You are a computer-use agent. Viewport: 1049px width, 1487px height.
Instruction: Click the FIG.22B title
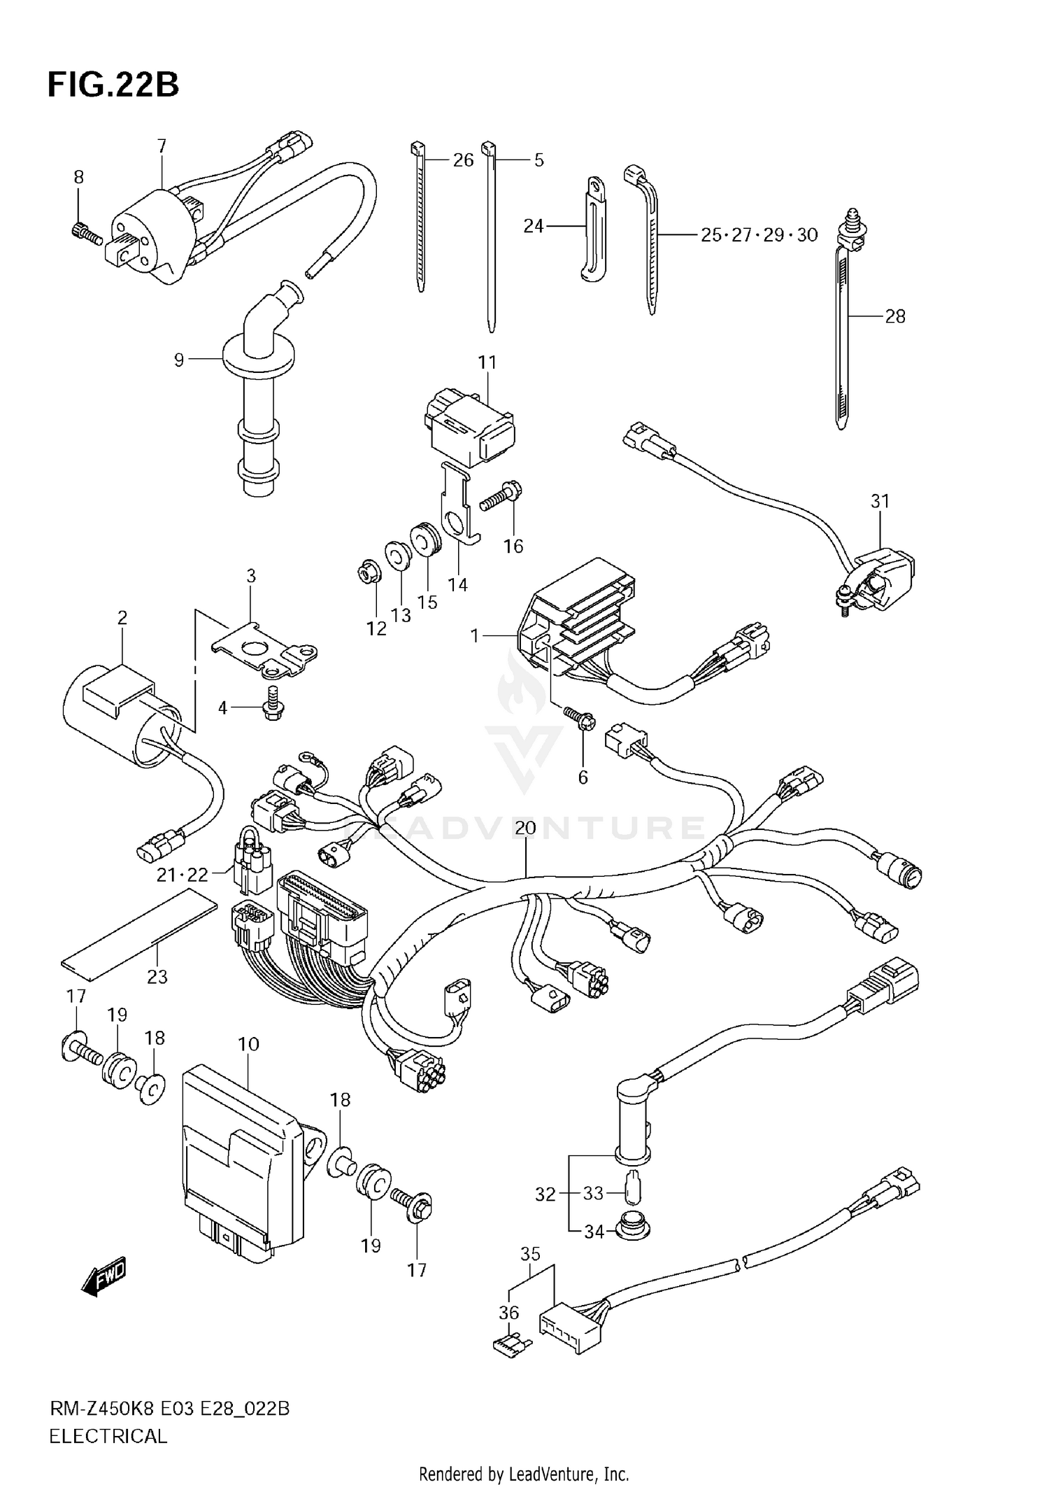click(x=113, y=85)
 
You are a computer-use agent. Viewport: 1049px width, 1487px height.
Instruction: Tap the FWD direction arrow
click(x=104, y=1276)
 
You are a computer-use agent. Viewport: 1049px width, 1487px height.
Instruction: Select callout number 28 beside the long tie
click(x=894, y=317)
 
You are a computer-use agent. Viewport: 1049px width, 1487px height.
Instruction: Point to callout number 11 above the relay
click(x=487, y=362)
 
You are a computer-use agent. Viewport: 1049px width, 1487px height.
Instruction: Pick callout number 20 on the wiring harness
click(x=525, y=829)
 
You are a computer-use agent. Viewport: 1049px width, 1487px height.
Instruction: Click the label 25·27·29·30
click(x=759, y=235)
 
